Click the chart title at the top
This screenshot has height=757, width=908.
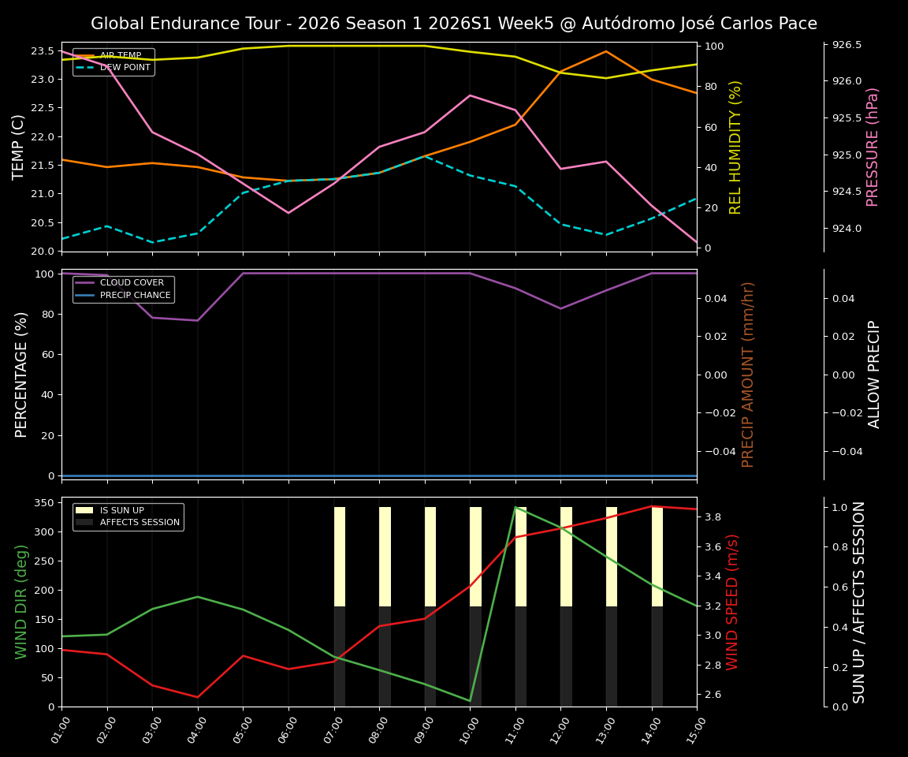pyautogui.click(x=454, y=24)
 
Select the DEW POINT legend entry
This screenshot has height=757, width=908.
pyautogui.click(x=125, y=68)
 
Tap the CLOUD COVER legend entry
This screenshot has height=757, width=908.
pyautogui.click(x=131, y=283)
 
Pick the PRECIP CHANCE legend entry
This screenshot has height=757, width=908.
pyautogui.click(x=134, y=296)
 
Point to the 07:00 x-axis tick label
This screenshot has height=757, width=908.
pyautogui.click(x=330, y=729)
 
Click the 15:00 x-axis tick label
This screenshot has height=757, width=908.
pyautogui.click(x=694, y=729)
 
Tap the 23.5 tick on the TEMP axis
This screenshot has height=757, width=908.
pyautogui.click(x=42, y=51)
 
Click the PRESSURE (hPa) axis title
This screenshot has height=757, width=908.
pyautogui.click(x=873, y=147)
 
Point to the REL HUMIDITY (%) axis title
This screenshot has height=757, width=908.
pyautogui.click(x=736, y=147)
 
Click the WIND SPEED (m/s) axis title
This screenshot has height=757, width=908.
pyautogui.click(x=733, y=602)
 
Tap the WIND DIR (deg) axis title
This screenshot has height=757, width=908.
pyautogui.click(x=21, y=602)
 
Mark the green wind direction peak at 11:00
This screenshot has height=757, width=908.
pyautogui.click(x=515, y=507)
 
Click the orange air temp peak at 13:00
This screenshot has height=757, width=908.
pyautogui.click(x=606, y=51)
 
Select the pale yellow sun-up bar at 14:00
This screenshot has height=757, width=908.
pyautogui.click(x=657, y=556)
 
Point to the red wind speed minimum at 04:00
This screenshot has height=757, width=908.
pyautogui.click(x=197, y=697)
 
